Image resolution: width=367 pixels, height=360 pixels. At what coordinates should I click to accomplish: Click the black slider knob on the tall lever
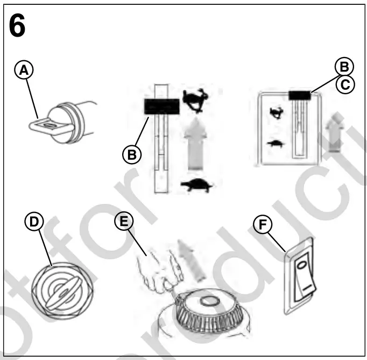[161, 106]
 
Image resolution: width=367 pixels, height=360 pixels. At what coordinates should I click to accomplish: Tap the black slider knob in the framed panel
[300, 95]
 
